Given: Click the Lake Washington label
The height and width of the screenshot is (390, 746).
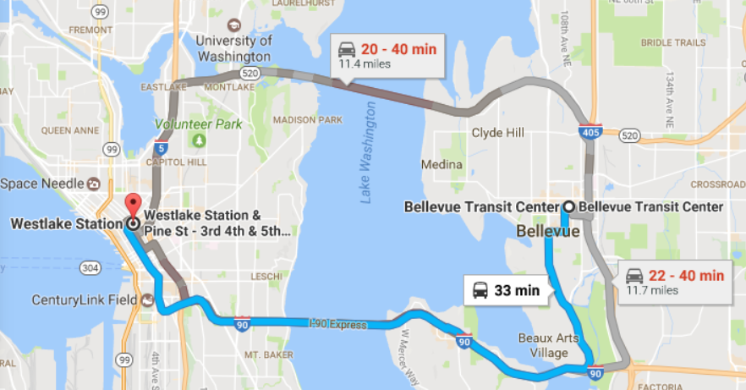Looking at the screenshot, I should tap(367, 153).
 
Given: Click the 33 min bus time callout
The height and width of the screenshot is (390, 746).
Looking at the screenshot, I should tap(506, 290).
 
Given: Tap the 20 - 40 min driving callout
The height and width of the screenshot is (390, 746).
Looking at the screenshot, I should tap(387, 54).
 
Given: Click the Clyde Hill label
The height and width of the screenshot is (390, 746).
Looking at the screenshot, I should tap(497, 133).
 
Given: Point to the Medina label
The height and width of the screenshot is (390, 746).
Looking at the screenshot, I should tap(443, 164).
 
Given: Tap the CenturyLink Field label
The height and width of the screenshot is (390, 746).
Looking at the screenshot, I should tap(83, 299).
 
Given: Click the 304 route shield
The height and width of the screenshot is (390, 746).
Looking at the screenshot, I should tap(90, 267).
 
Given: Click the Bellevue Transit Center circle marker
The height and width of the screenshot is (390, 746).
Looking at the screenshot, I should tap(569, 206).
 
